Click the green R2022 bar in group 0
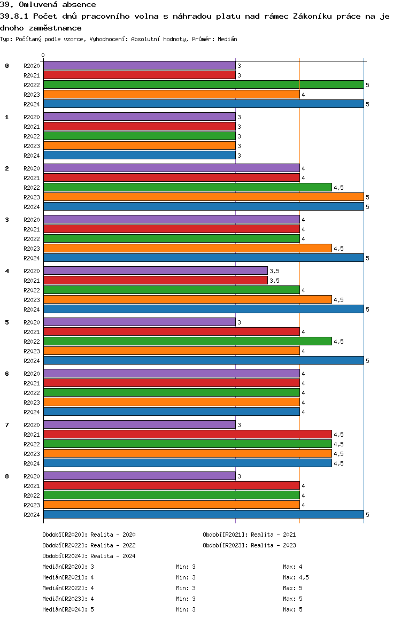click(203, 84)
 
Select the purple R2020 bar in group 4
click(155, 270)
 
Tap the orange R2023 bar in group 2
click(203, 197)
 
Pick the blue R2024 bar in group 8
click(203, 514)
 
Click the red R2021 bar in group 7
click(187, 434)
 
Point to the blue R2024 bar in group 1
click(139, 155)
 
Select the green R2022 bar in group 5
click(187, 341)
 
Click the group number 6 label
click(7, 373)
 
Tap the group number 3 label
click(7, 219)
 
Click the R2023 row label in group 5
click(32, 351)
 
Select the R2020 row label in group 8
click(32, 476)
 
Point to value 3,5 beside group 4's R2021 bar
click(274, 281)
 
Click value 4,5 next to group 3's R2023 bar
click(338, 249)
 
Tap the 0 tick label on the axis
click(43, 55)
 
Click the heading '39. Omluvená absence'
click(48, 5)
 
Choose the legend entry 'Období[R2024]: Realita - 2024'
click(89, 556)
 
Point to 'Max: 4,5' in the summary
click(296, 577)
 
